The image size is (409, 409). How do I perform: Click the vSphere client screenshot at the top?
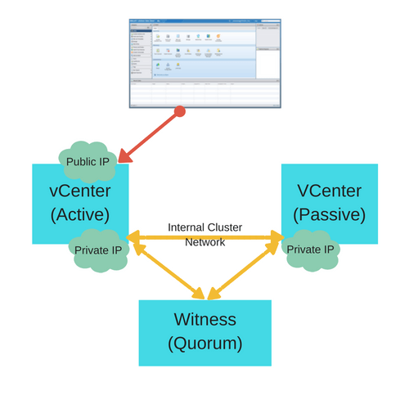click(x=204, y=63)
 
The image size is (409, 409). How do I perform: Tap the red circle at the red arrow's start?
click(x=179, y=111)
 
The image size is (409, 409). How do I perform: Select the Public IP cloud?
click(x=88, y=162)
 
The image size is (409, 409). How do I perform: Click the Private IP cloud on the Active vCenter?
click(x=98, y=250)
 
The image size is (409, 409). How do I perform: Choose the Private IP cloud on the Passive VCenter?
click(x=310, y=249)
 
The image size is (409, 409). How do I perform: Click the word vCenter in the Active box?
click(x=80, y=191)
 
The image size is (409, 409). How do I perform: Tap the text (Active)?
click(x=80, y=214)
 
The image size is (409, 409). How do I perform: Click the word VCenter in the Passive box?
click(x=329, y=191)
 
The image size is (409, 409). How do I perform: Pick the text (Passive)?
click(x=329, y=214)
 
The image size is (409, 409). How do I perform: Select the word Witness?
click(x=204, y=319)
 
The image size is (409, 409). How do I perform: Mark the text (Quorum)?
click(x=204, y=343)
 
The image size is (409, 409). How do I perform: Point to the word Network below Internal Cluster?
click(x=204, y=242)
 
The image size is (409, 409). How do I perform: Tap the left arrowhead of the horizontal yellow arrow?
click(x=133, y=237)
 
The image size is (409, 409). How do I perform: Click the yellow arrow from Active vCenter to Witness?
click(x=168, y=268)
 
